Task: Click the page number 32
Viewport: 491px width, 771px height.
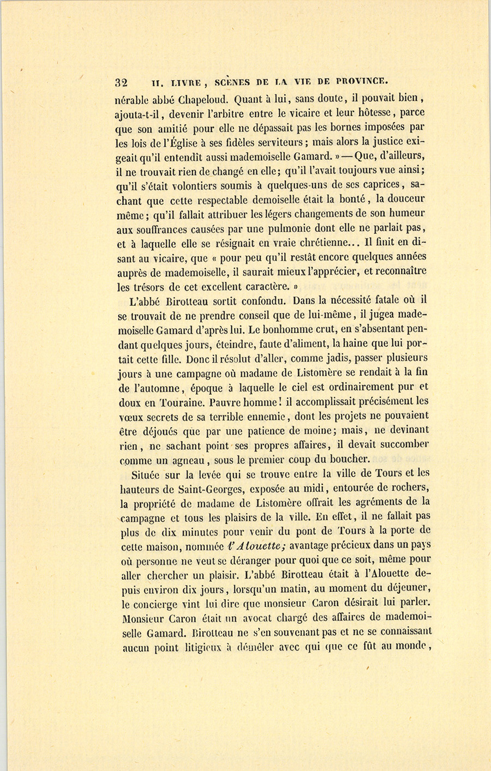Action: point(121,83)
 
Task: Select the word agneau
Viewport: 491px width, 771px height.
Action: point(183,459)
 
